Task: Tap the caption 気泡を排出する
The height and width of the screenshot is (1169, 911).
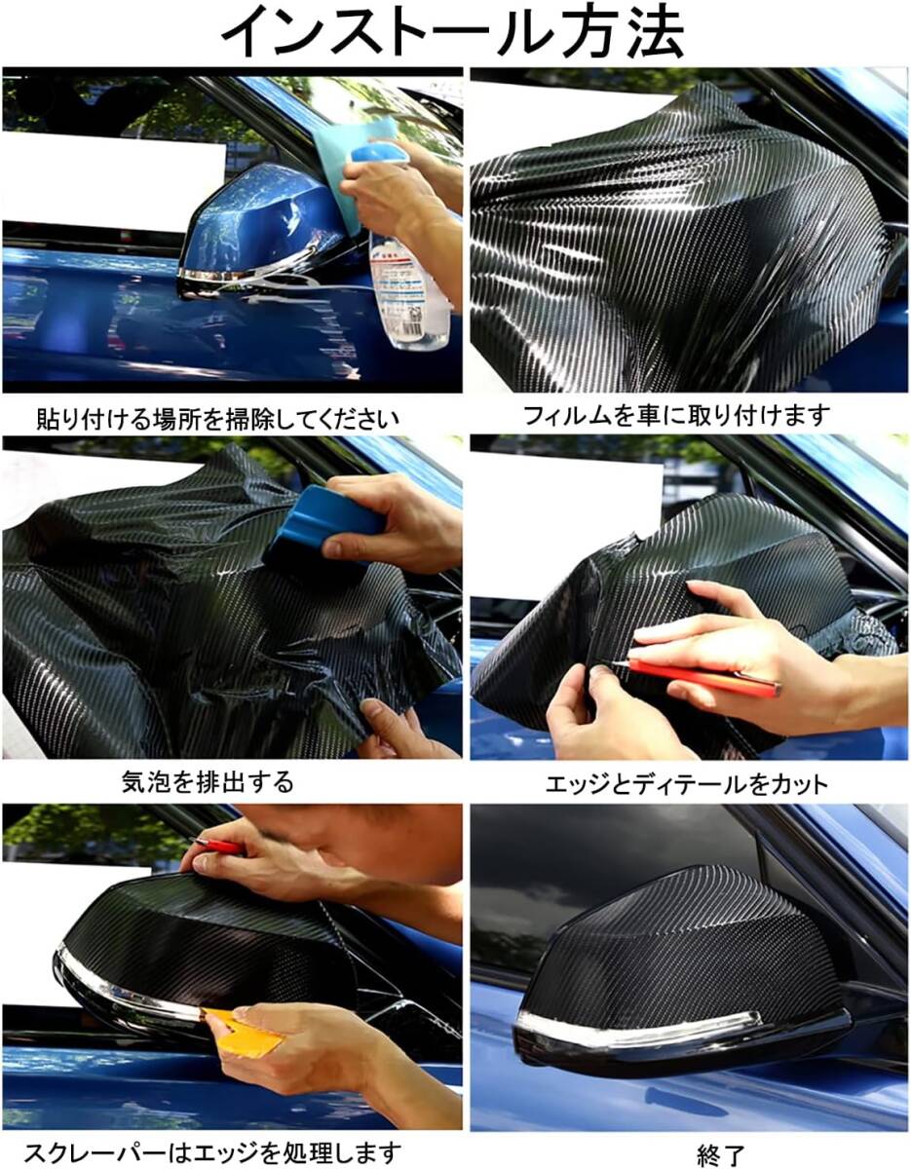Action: (x=208, y=781)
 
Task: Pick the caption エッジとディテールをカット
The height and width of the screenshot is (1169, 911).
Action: (x=687, y=784)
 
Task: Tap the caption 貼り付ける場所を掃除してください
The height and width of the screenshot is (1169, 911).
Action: (x=218, y=419)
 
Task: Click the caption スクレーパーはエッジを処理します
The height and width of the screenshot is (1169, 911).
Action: (x=212, y=1151)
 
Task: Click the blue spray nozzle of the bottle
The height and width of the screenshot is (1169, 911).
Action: (x=379, y=153)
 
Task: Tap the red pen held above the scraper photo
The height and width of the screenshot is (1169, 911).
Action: (x=218, y=846)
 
